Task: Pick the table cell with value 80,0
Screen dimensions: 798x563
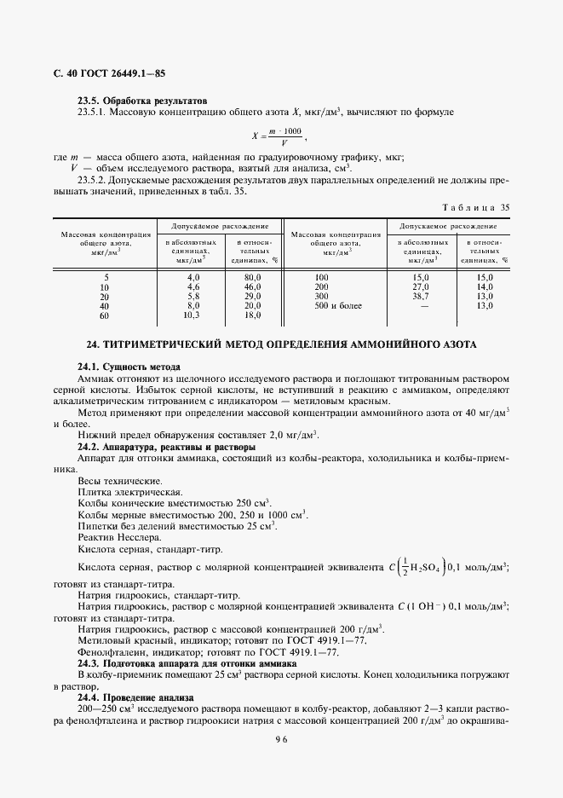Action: pyautogui.click(x=252, y=278)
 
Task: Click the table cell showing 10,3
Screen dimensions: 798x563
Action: pyautogui.click(x=192, y=315)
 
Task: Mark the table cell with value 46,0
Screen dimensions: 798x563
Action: pyautogui.click(x=252, y=287)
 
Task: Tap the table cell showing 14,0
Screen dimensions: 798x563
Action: pyautogui.click(x=485, y=287)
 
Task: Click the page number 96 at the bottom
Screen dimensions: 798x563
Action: pyautogui.click(x=281, y=740)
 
